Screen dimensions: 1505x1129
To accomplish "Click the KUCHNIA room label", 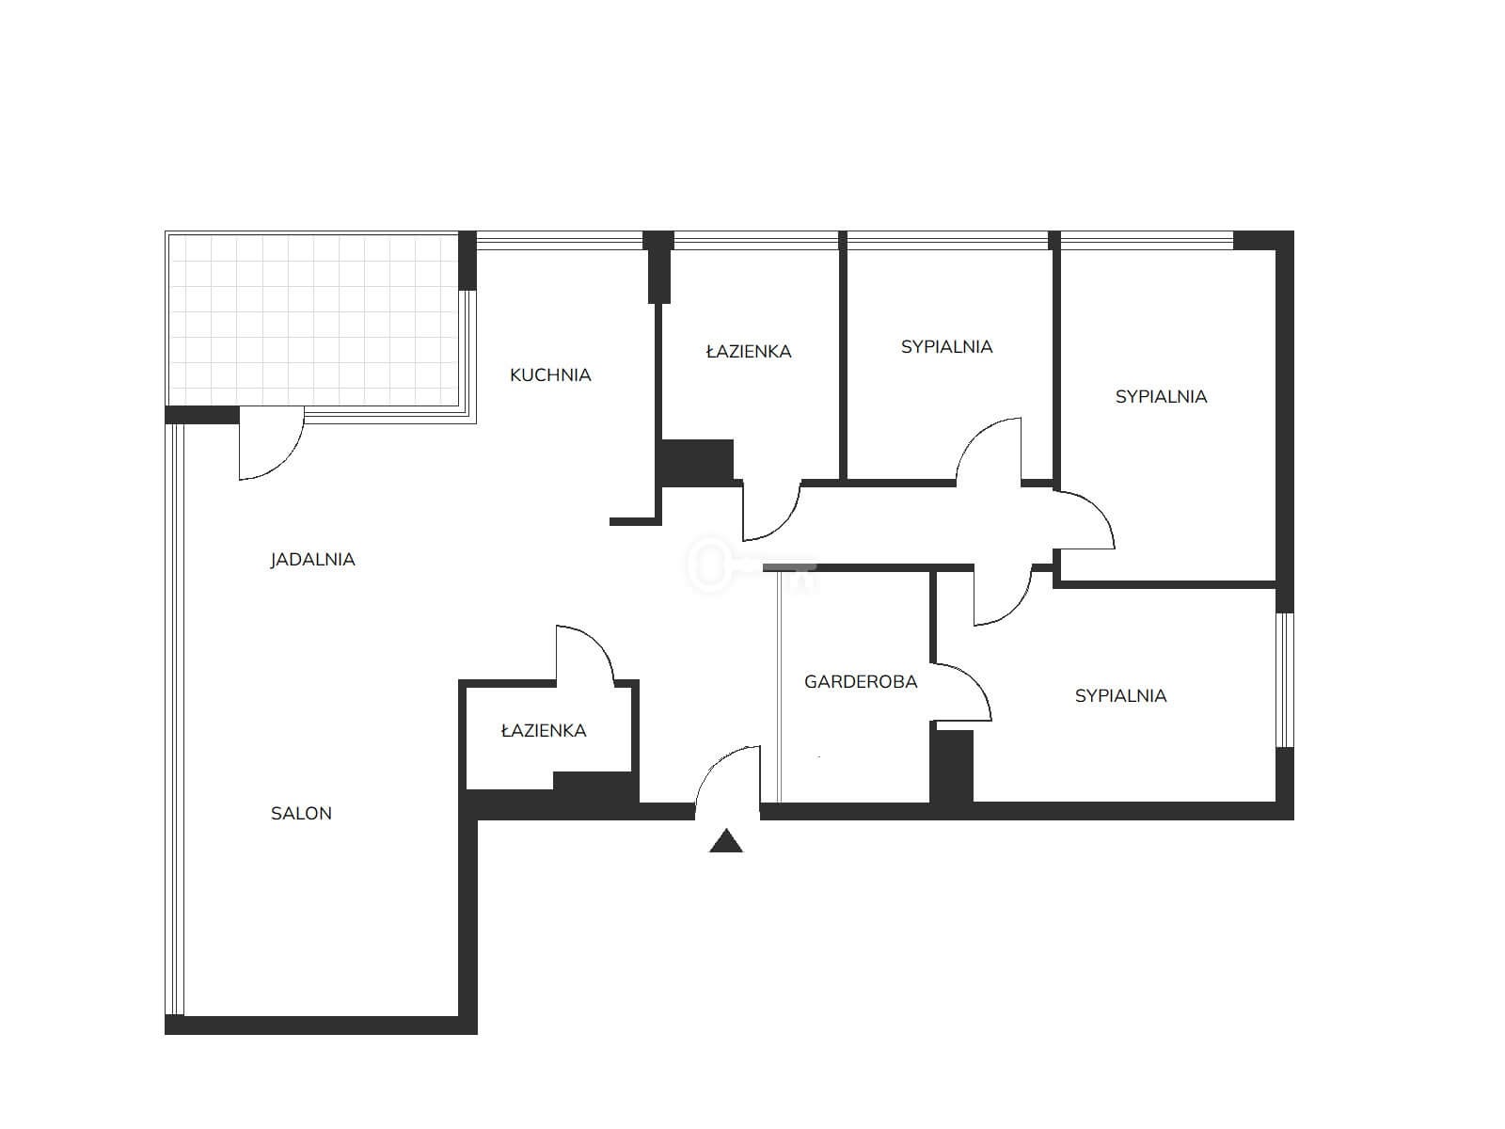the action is pos(550,375).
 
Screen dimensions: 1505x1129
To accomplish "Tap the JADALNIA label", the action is pos(312,560).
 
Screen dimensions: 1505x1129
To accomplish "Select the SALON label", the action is pos(301,813).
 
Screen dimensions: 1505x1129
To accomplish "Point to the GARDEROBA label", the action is pos(861,681).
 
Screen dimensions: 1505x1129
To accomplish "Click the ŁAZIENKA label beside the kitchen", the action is pos(749,351).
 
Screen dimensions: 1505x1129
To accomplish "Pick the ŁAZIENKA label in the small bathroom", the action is pos(544,730).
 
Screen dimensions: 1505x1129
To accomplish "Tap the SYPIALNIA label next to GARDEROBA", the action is pos(1120,696).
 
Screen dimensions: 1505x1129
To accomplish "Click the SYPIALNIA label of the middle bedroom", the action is pos(946,347).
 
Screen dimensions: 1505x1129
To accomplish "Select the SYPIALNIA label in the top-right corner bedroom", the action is pos(1161,396).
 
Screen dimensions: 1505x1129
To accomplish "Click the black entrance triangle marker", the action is pos(725,841).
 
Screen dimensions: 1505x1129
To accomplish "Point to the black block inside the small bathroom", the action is pos(593,782).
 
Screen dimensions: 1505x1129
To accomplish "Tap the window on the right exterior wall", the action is pos(1284,679).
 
